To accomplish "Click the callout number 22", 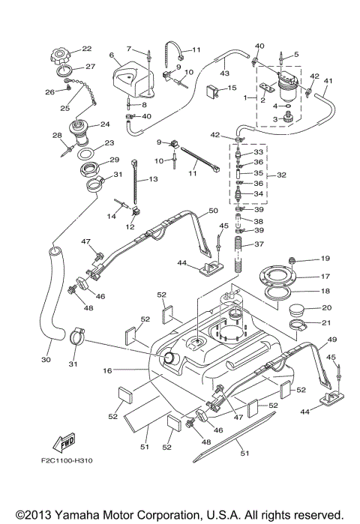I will [87, 49].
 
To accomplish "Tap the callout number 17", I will [304, 277].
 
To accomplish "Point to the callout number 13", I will [153, 180].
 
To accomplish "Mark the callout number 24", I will [105, 124].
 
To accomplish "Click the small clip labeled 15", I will [215, 92].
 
